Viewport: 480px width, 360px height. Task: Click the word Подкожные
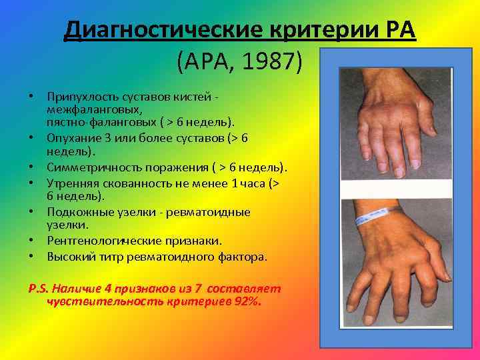click(x=76, y=211)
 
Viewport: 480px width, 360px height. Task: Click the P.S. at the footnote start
click(x=37, y=289)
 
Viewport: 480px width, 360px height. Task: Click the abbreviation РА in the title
click(x=399, y=30)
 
